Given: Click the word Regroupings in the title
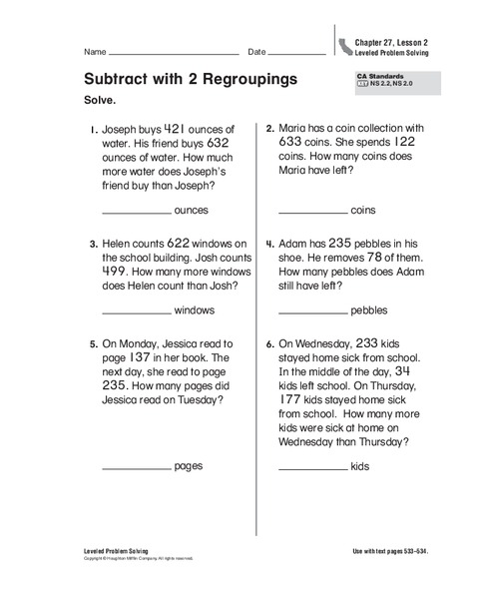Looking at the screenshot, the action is pos(254,79).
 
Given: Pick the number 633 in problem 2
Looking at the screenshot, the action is pos(293,142).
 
